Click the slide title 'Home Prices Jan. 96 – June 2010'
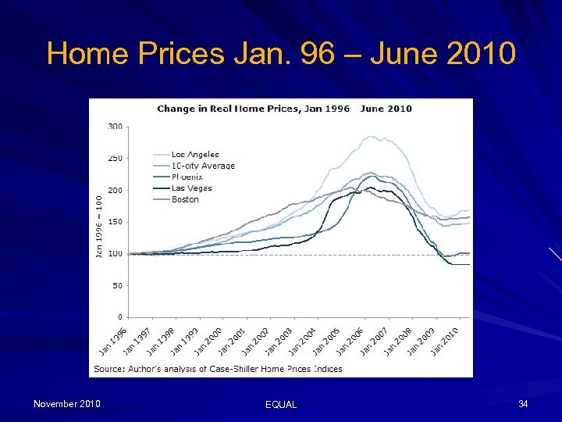click(x=281, y=54)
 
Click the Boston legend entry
click(x=186, y=199)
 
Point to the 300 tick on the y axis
click(x=115, y=126)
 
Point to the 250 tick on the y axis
click(x=115, y=158)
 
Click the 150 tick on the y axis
click(x=115, y=222)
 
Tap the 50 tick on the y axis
click(x=116, y=286)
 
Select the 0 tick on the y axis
click(x=119, y=317)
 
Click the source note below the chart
click(x=218, y=369)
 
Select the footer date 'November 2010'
click(x=66, y=403)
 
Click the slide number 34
click(x=523, y=403)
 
